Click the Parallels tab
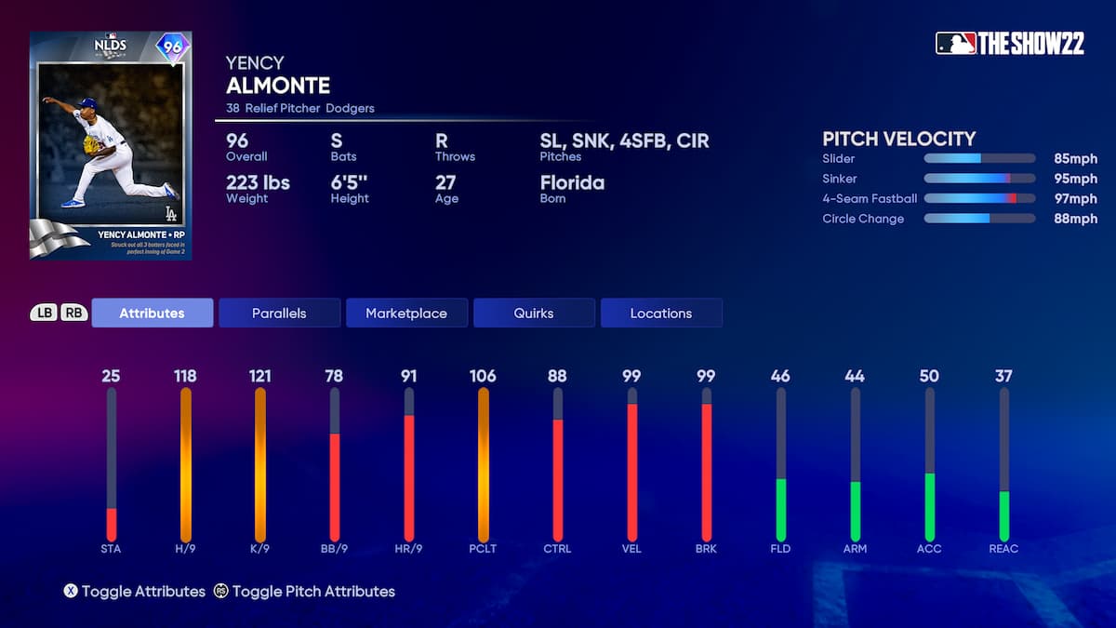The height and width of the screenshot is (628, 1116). (x=279, y=314)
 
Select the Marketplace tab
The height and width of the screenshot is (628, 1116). (x=405, y=314)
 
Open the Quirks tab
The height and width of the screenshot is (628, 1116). (x=534, y=314)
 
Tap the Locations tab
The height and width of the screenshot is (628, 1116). (x=660, y=314)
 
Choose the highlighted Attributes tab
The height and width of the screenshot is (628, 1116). (x=152, y=314)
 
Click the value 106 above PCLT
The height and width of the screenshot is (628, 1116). (x=483, y=376)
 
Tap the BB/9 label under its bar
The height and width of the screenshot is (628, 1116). (x=334, y=549)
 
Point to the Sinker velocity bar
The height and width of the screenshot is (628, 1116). (x=978, y=179)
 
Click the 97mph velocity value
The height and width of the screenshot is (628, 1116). (x=1075, y=199)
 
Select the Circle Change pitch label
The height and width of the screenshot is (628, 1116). (x=863, y=219)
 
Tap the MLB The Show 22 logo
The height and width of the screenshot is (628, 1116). (x=1009, y=43)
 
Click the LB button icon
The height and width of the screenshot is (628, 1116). (x=44, y=314)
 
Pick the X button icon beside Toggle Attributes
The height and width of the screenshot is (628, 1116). (x=70, y=591)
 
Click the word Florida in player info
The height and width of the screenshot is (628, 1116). (x=572, y=182)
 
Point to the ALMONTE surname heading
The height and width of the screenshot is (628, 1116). (x=278, y=86)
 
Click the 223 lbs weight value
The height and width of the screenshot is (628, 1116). (x=258, y=182)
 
